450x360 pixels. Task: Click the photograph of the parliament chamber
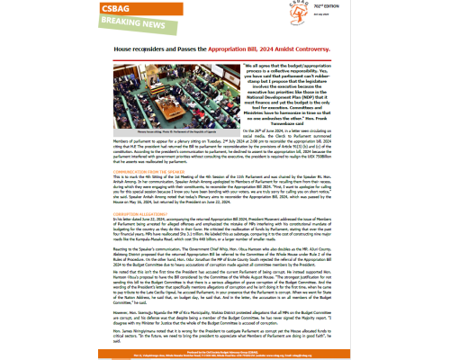coord(172,108)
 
